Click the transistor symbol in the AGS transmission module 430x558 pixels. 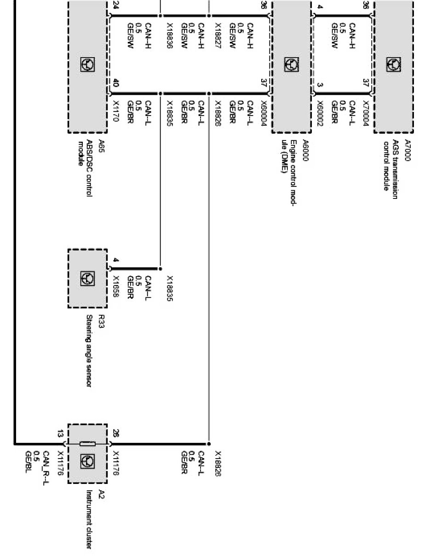(x=394, y=64)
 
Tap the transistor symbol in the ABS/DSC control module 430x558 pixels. (x=86, y=64)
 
